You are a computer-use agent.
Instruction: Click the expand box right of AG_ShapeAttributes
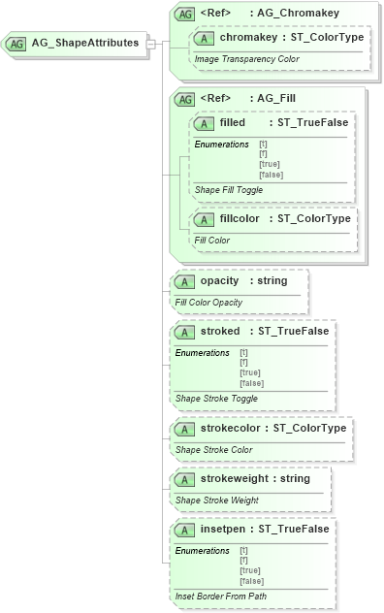(150, 44)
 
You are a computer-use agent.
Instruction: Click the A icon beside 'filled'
(205, 123)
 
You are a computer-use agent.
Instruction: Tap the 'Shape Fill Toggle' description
(228, 189)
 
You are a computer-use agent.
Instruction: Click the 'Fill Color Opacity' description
(208, 302)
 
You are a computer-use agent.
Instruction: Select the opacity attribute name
(212, 280)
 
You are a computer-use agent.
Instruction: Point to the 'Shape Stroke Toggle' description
(217, 398)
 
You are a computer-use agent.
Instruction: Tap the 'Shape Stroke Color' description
(213, 449)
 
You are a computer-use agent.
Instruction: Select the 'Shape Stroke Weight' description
(215, 500)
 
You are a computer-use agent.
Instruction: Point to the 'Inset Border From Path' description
(220, 596)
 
